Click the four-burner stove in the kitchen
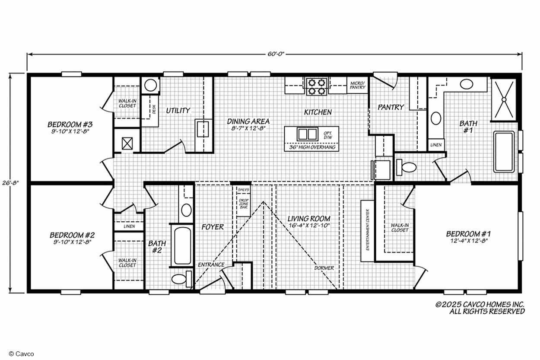click(x=317, y=86)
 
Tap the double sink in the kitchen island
click(x=307, y=134)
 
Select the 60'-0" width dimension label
click(x=276, y=54)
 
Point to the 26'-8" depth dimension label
click(x=11, y=183)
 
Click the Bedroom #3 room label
click(x=70, y=124)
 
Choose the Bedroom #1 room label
click(x=468, y=234)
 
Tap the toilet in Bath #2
click(x=182, y=279)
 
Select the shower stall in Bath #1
click(x=504, y=99)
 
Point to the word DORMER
click(x=324, y=268)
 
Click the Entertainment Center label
click(x=368, y=230)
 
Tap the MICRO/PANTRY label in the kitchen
click(x=358, y=85)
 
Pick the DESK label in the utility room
click(x=154, y=109)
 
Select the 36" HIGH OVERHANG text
click(x=312, y=147)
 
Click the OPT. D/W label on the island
click(x=328, y=135)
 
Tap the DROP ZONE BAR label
click(x=244, y=204)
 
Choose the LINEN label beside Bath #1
click(x=436, y=145)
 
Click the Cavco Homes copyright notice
click(x=480, y=308)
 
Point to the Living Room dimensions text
click(x=309, y=226)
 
